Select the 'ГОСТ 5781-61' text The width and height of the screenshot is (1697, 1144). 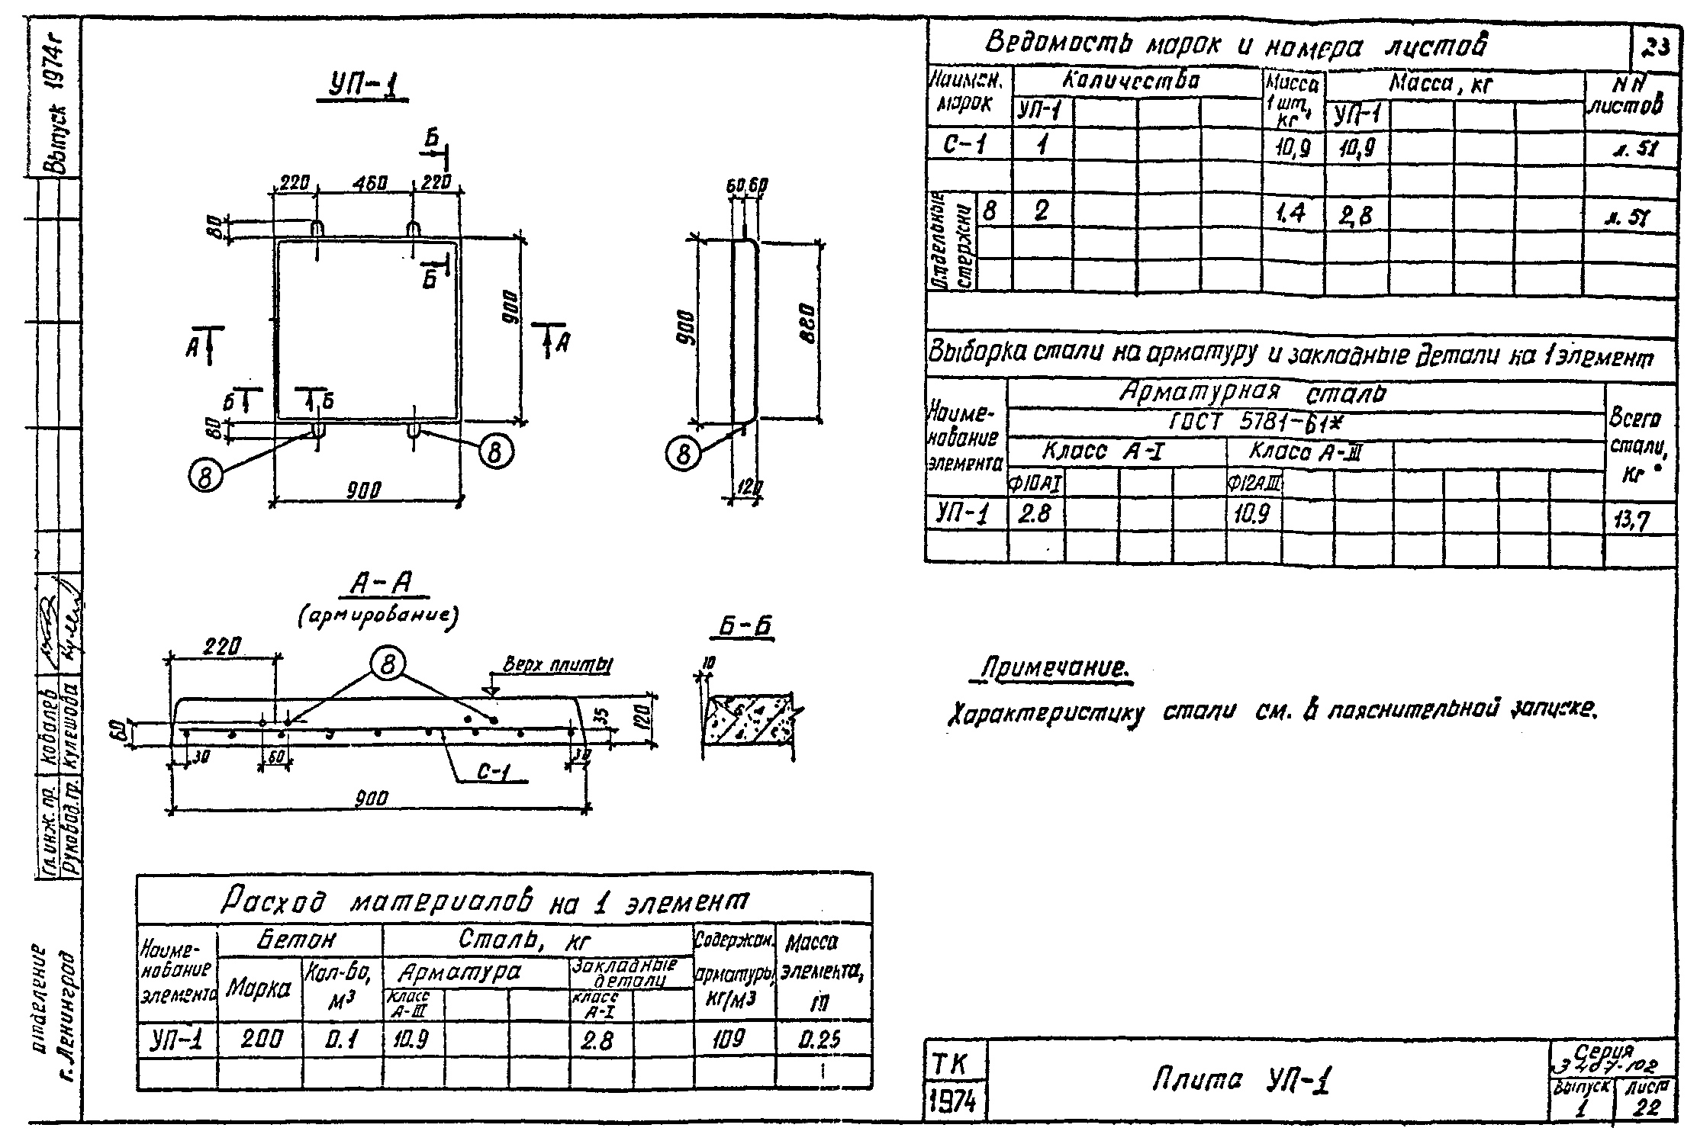1252,423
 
